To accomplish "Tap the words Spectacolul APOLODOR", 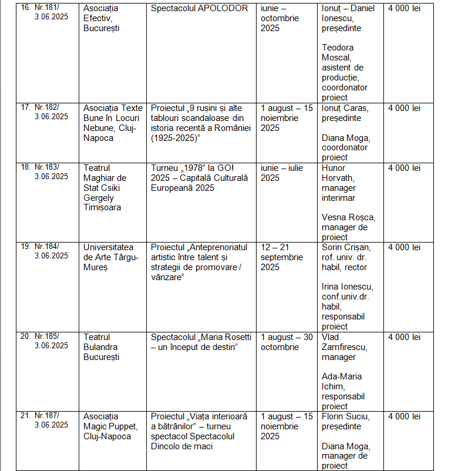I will pos(199,9).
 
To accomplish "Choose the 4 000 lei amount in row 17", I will pos(404,108).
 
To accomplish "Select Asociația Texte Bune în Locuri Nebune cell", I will pos(113,123).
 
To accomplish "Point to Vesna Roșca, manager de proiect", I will pos(348,227).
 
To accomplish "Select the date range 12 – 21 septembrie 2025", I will pos(282,257).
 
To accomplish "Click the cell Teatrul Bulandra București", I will pos(101,347).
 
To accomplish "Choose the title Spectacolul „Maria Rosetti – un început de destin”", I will pos(200,342).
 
